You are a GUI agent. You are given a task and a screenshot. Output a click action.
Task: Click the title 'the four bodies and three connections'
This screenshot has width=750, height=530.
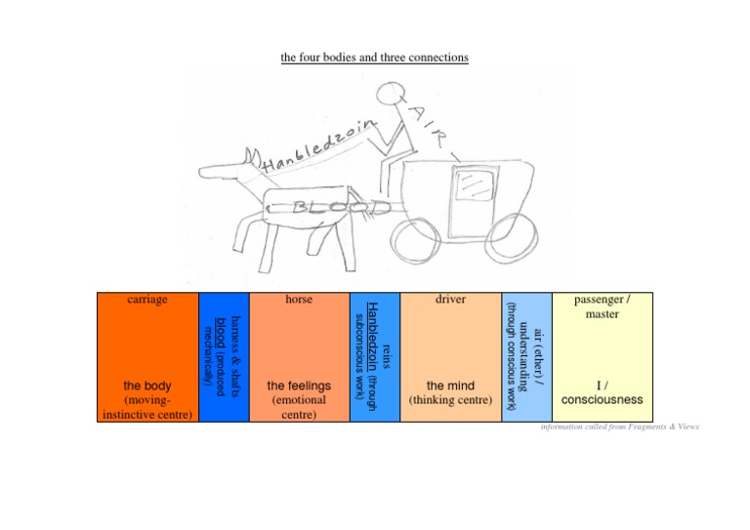(374, 58)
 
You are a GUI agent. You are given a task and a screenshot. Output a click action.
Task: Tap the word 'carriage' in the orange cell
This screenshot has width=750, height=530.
(147, 300)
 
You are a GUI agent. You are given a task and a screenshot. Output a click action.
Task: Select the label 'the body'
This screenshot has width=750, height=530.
(147, 387)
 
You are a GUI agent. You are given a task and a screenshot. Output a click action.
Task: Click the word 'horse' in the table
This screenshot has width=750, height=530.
(299, 300)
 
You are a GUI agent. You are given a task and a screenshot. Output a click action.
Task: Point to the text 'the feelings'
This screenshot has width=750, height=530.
(299, 387)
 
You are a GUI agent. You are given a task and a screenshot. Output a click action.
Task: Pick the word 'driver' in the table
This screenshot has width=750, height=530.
(450, 300)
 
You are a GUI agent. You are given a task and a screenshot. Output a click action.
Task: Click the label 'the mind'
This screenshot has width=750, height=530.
(450, 387)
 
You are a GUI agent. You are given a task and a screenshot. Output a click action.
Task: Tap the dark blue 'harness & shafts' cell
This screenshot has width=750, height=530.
(225, 356)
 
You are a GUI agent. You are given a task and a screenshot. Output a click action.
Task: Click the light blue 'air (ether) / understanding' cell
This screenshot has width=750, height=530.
(526, 356)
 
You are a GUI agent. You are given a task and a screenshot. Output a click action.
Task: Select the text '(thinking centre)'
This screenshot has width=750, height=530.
(450, 400)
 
